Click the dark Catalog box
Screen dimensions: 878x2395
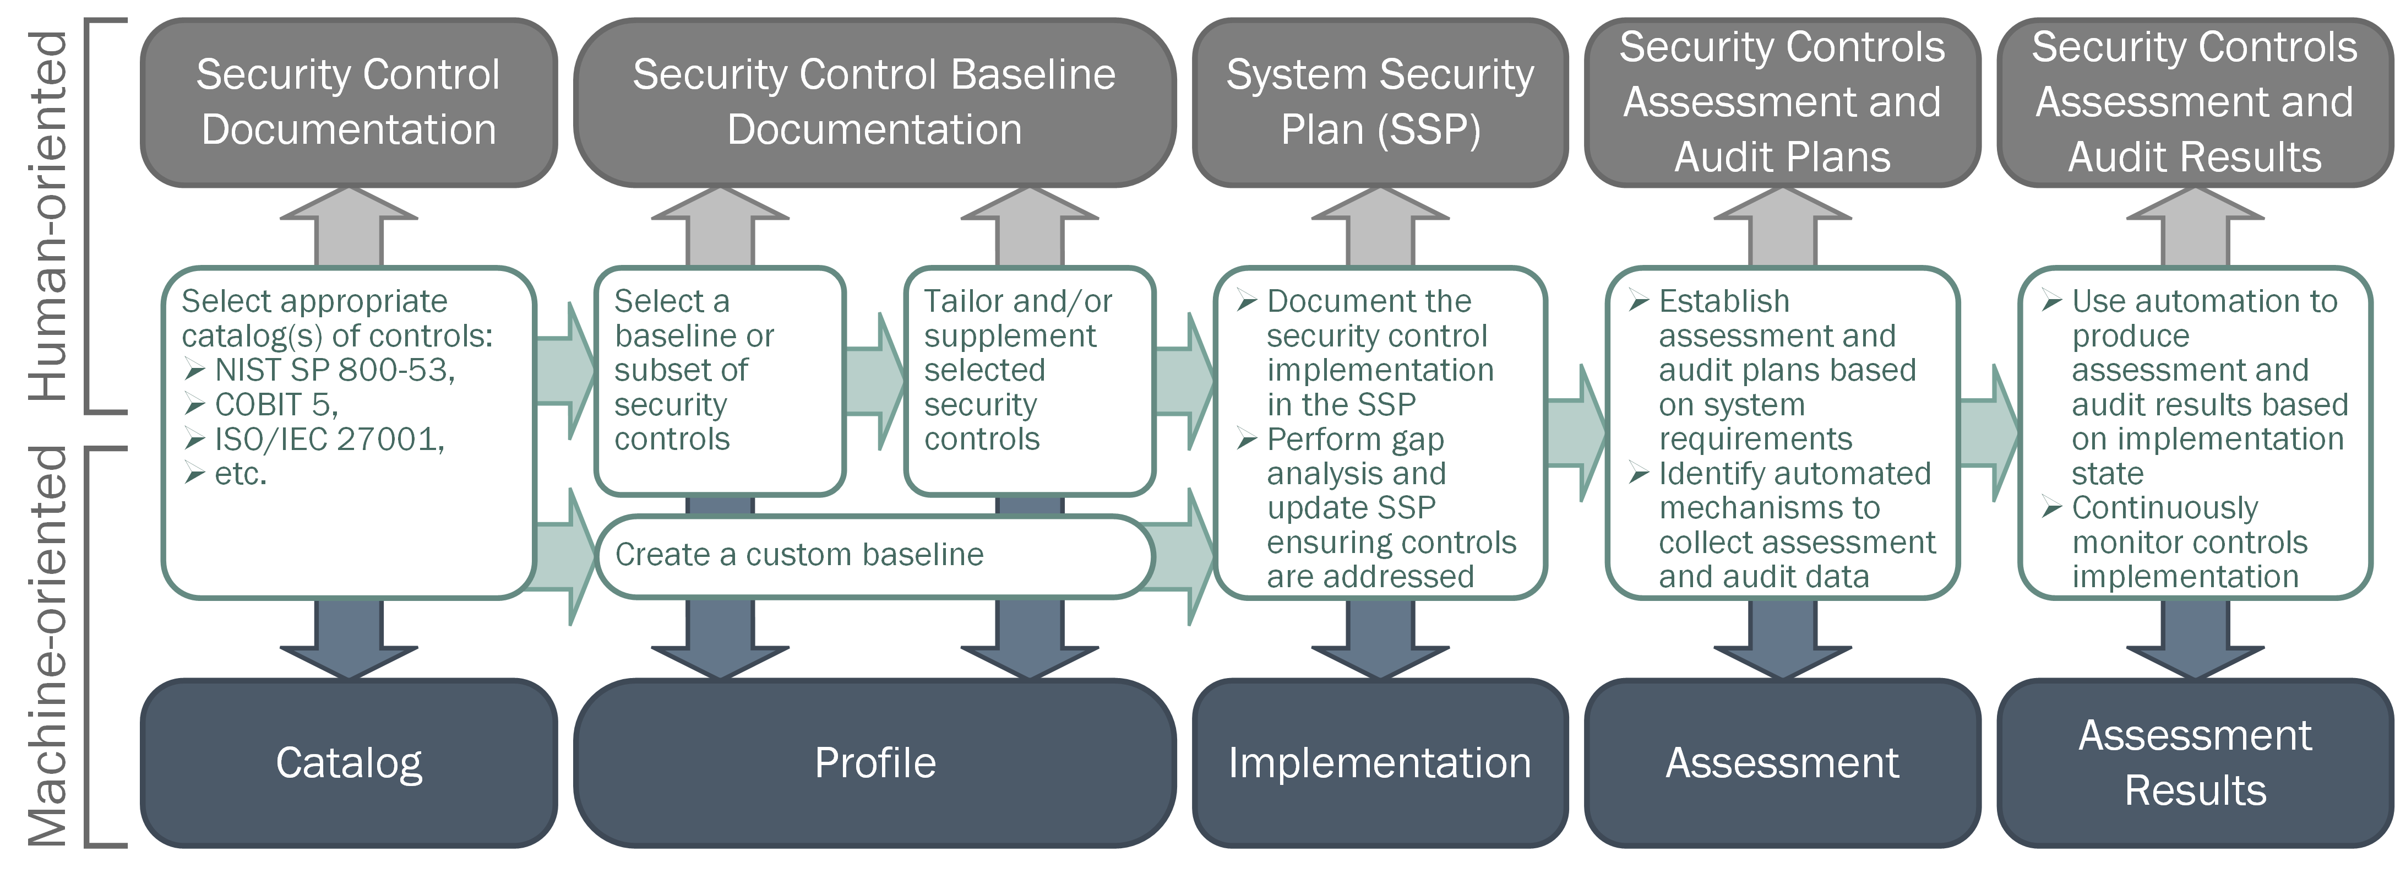click(x=349, y=763)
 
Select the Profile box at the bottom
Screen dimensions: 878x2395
click(x=874, y=763)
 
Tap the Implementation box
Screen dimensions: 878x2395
click(x=1380, y=763)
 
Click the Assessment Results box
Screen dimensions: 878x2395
click(x=2194, y=763)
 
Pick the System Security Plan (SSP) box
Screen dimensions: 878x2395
click(x=1380, y=102)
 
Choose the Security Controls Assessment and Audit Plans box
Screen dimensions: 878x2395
click(x=1781, y=102)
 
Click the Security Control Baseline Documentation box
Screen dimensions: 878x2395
click(x=874, y=102)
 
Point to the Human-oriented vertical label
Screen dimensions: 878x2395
click(x=48, y=216)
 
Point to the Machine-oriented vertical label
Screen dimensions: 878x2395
click(x=48, y=647)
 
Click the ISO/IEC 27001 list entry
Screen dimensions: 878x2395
click(x=329, y=439)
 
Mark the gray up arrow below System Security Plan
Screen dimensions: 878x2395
click(x=1380, y=228)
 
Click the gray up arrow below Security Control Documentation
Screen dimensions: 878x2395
click(x=349, y=228)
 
